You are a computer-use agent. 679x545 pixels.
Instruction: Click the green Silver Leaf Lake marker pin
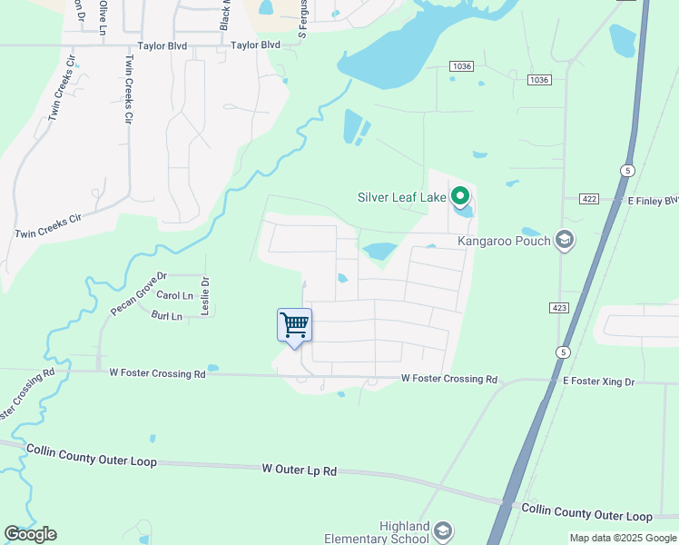pos(460,195)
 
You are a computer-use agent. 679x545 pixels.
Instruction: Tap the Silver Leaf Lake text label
pos(402,196)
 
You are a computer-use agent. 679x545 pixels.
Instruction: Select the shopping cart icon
pos(294,324)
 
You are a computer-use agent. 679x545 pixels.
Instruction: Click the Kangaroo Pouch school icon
pos(565,240)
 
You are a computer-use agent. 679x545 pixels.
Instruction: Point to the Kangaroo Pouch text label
pos(504,241)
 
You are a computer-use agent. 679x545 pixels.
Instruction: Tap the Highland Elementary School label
pos(404,532)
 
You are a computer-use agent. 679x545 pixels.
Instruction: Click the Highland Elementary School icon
pos(443,530)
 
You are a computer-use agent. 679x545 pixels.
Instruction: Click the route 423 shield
pos(559,309)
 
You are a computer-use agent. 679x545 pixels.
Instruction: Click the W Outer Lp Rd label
pos(299,471)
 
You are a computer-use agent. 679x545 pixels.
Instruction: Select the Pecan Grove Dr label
pos(139,293)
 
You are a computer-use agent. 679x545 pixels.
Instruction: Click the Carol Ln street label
pos(175,296)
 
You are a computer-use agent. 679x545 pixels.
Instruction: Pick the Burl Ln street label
pos(167,316)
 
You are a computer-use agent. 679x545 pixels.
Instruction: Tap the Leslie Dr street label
pos(205,295)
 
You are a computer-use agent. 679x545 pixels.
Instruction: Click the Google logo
pos(30,534)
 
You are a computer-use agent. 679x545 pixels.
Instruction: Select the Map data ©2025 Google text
pos(623,538)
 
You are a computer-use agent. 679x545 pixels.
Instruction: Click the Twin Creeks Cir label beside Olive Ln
pos(128,88)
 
